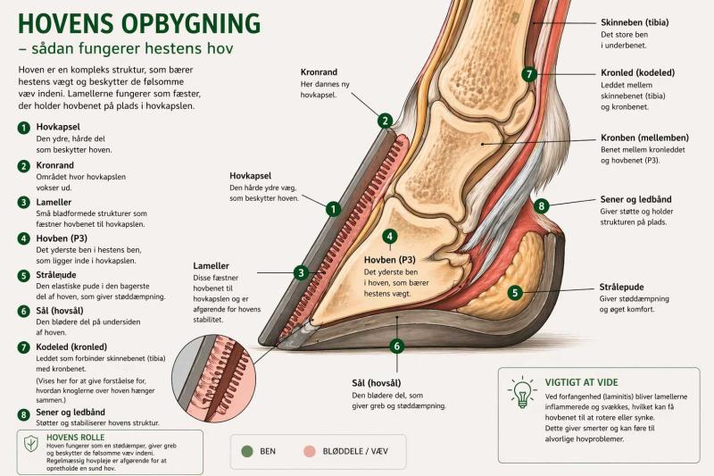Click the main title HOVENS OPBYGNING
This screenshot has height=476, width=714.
[x=139, y=24]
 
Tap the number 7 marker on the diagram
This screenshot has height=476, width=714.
[x=529, y=74]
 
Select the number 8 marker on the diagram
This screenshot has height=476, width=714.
[x=541, y=206]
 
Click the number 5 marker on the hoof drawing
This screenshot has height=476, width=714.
[x=515, y=292]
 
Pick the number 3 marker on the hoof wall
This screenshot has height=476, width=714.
[x=302, y=272]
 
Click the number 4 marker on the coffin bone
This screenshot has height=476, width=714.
[x=390, y=237]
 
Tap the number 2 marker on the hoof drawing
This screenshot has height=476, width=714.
[x=385, y=121]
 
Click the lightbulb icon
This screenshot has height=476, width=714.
[x=523, y=392]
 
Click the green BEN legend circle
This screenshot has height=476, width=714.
[x=247, y=451]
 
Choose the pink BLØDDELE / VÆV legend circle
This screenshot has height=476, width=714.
[x=310, y=451]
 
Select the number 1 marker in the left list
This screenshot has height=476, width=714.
[x=24, y=128]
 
